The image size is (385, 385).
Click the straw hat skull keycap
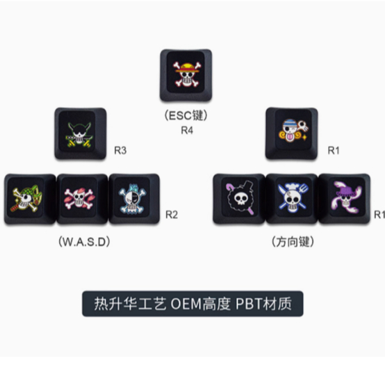(x=186, y=75)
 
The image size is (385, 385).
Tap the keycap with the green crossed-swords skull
(x=81, y=133)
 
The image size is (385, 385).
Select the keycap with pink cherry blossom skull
(x=82, y=199)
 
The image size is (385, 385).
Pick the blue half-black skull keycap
(x=134, y=199)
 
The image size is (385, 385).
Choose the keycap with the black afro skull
(x=239, y=199)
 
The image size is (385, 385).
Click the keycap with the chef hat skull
(x=291, y=199)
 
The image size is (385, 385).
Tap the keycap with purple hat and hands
(x=344, y=199)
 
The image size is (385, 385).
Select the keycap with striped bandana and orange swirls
(x=291, y=133)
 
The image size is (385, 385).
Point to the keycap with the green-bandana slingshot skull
(x=30, y=199)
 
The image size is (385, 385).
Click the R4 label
(x=187, y=130)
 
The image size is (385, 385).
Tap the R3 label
(x=120, y=150)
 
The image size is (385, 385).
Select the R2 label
(x=172, y=215)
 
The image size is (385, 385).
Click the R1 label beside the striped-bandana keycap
(x=334, y=150)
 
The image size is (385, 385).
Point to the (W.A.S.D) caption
(x=84, y=242)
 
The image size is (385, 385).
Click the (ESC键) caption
(x=186, y=115)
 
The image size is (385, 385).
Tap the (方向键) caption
(x=293, y=242)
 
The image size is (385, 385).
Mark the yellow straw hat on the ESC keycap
(x=187, y=68)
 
